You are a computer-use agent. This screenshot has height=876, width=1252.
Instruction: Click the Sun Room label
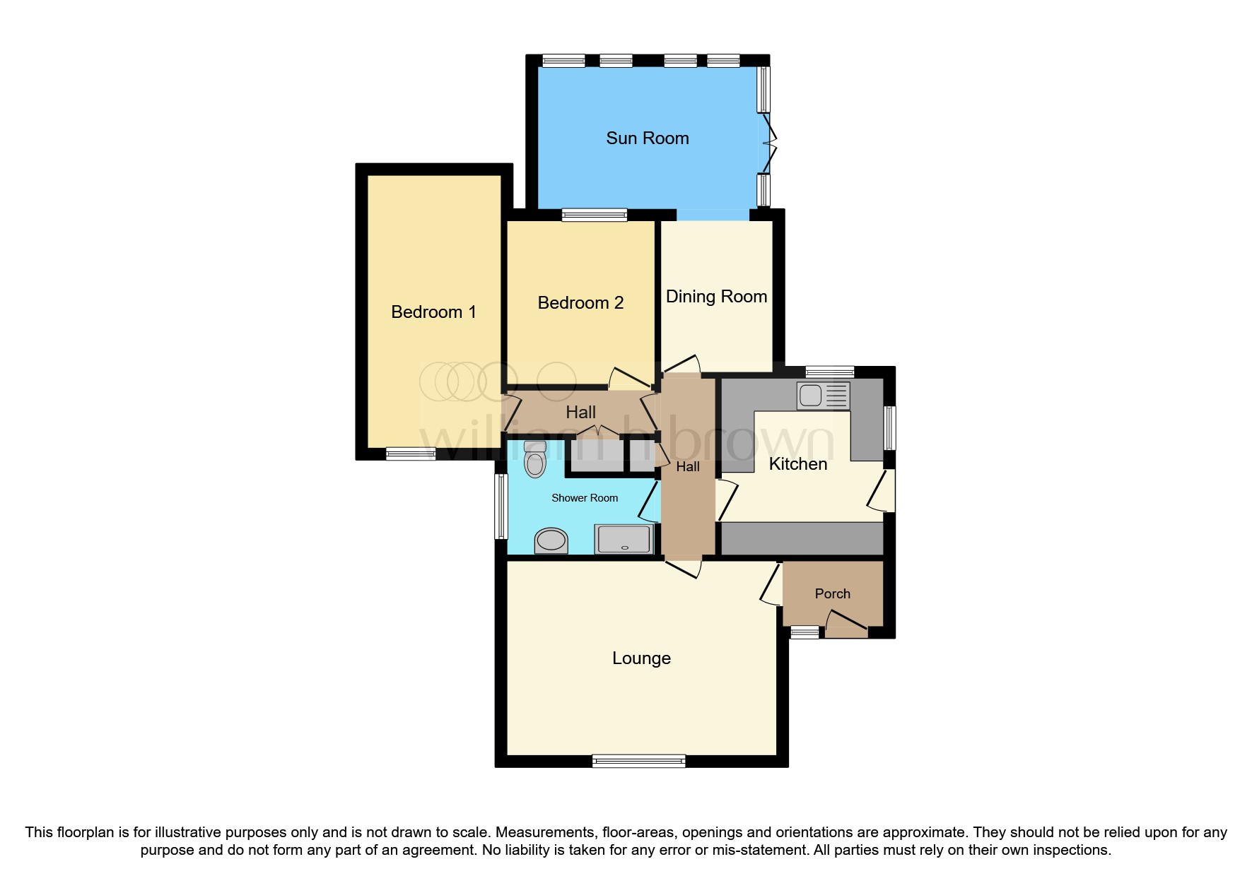647,138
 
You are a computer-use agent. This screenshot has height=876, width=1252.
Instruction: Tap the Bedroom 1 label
433,312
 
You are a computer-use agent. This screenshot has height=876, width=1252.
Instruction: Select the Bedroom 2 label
580,303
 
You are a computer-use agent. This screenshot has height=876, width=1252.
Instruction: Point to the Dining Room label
716,297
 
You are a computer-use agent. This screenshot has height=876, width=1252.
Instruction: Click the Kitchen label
797,464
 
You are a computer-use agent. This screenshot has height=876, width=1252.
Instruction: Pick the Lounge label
641,658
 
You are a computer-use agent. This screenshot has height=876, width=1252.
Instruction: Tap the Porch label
832,594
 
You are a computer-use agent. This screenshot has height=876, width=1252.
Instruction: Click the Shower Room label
585,498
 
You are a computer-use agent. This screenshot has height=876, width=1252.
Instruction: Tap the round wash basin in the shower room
551,541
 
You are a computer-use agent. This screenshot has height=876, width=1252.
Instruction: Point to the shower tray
624,539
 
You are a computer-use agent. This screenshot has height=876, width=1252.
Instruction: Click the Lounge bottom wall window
638,761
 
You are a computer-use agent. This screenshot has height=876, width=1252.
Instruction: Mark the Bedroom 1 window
410,454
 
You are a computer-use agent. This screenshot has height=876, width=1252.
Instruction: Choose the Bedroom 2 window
594,215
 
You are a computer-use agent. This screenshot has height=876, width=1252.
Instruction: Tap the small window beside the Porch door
804,632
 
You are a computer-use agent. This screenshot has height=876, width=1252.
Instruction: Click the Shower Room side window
501,506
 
